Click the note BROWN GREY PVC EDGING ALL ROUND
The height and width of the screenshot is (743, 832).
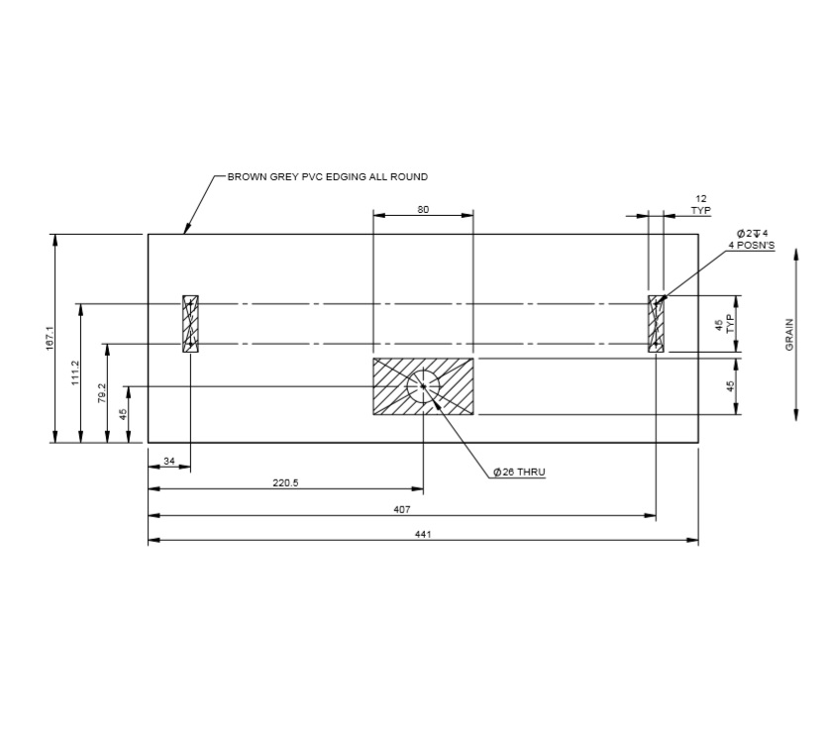click(x=327, y=177)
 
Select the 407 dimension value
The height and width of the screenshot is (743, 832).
click(x=401, y=509)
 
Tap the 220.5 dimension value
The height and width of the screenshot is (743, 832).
click(x=285, y=483)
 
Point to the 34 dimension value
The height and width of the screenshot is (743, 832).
click(x=168, y=460)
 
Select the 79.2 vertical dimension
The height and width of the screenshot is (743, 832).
click(x=101, y=393)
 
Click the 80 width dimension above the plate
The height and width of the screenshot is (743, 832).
click(x=423, y=209)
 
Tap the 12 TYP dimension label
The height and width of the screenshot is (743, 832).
click(x=701, y=205)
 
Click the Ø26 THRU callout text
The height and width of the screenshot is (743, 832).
click(x=519, y=473)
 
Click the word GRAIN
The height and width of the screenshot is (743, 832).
click(x=789, y=335)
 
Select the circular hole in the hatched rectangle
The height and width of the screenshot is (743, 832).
click(x=423, y=386)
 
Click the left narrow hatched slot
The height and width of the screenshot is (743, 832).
click(x=191, y=323)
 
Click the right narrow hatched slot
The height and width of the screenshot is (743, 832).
click(x=656, y=323)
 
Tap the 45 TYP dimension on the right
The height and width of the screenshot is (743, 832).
click(x=725, y=323)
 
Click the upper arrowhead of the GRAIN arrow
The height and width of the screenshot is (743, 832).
click(x=796, y=257)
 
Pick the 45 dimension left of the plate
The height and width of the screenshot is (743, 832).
click(x=124, y=414)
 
